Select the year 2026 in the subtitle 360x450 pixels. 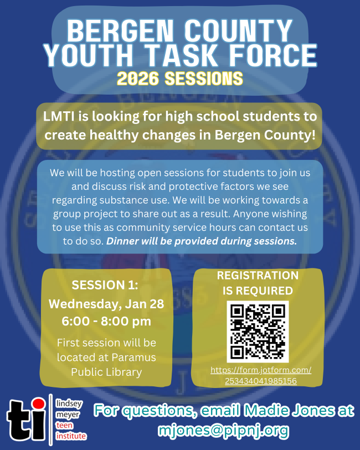[x=138, y=79]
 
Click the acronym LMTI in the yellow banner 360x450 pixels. [x=59, y=117]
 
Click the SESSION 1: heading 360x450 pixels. [x=105, y=285]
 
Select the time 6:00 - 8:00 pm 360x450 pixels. [x=106, y=321]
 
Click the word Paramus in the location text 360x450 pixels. [x=134, y=358]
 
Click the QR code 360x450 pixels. [x=258, y=332]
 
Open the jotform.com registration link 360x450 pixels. [x=261, y=370]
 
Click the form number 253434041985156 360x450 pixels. [x=261, y=381]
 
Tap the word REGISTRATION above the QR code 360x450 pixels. [x=258, y=276]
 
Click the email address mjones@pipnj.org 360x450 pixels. [x=223, y=430]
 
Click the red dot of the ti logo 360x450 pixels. [x=38, y=403]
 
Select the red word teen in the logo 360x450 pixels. [x=64, y=425]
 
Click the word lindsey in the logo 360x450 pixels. [x=69, y=404]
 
